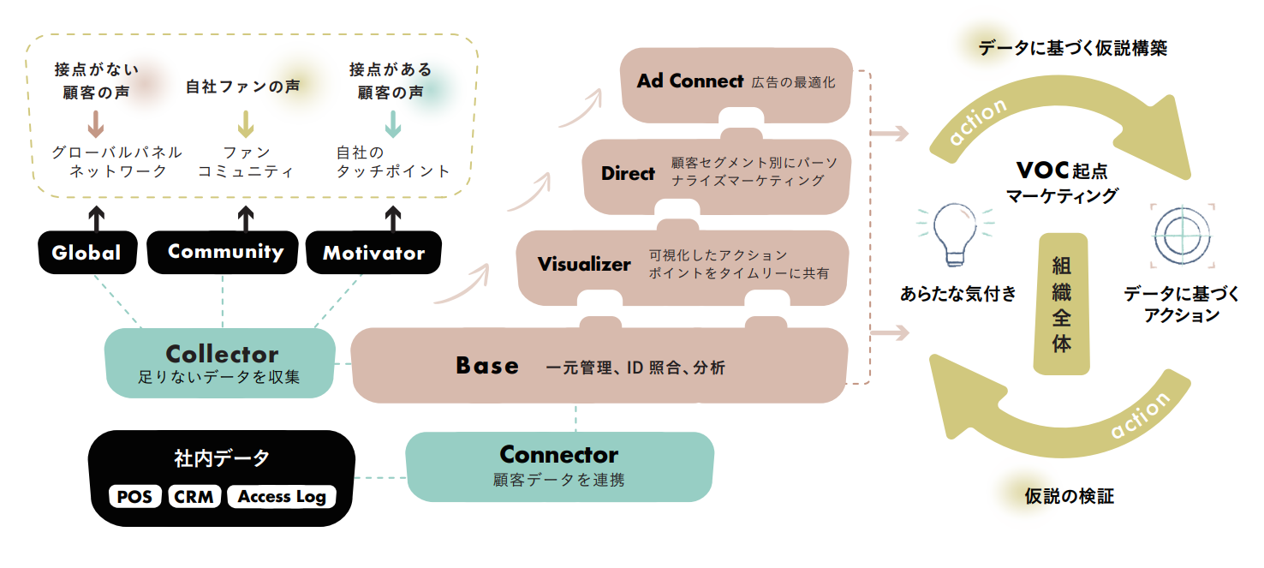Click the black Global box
(86, 253)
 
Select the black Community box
(225, 252)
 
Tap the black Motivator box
(374, 254)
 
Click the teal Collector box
(220, 363)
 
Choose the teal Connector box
(559, 465)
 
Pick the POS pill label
(135, 497)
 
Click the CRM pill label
(194, 497)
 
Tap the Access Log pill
(282, 497)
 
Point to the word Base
(487, 366)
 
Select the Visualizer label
(584, 264)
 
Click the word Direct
(628, 173)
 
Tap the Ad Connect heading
(690, 81)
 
